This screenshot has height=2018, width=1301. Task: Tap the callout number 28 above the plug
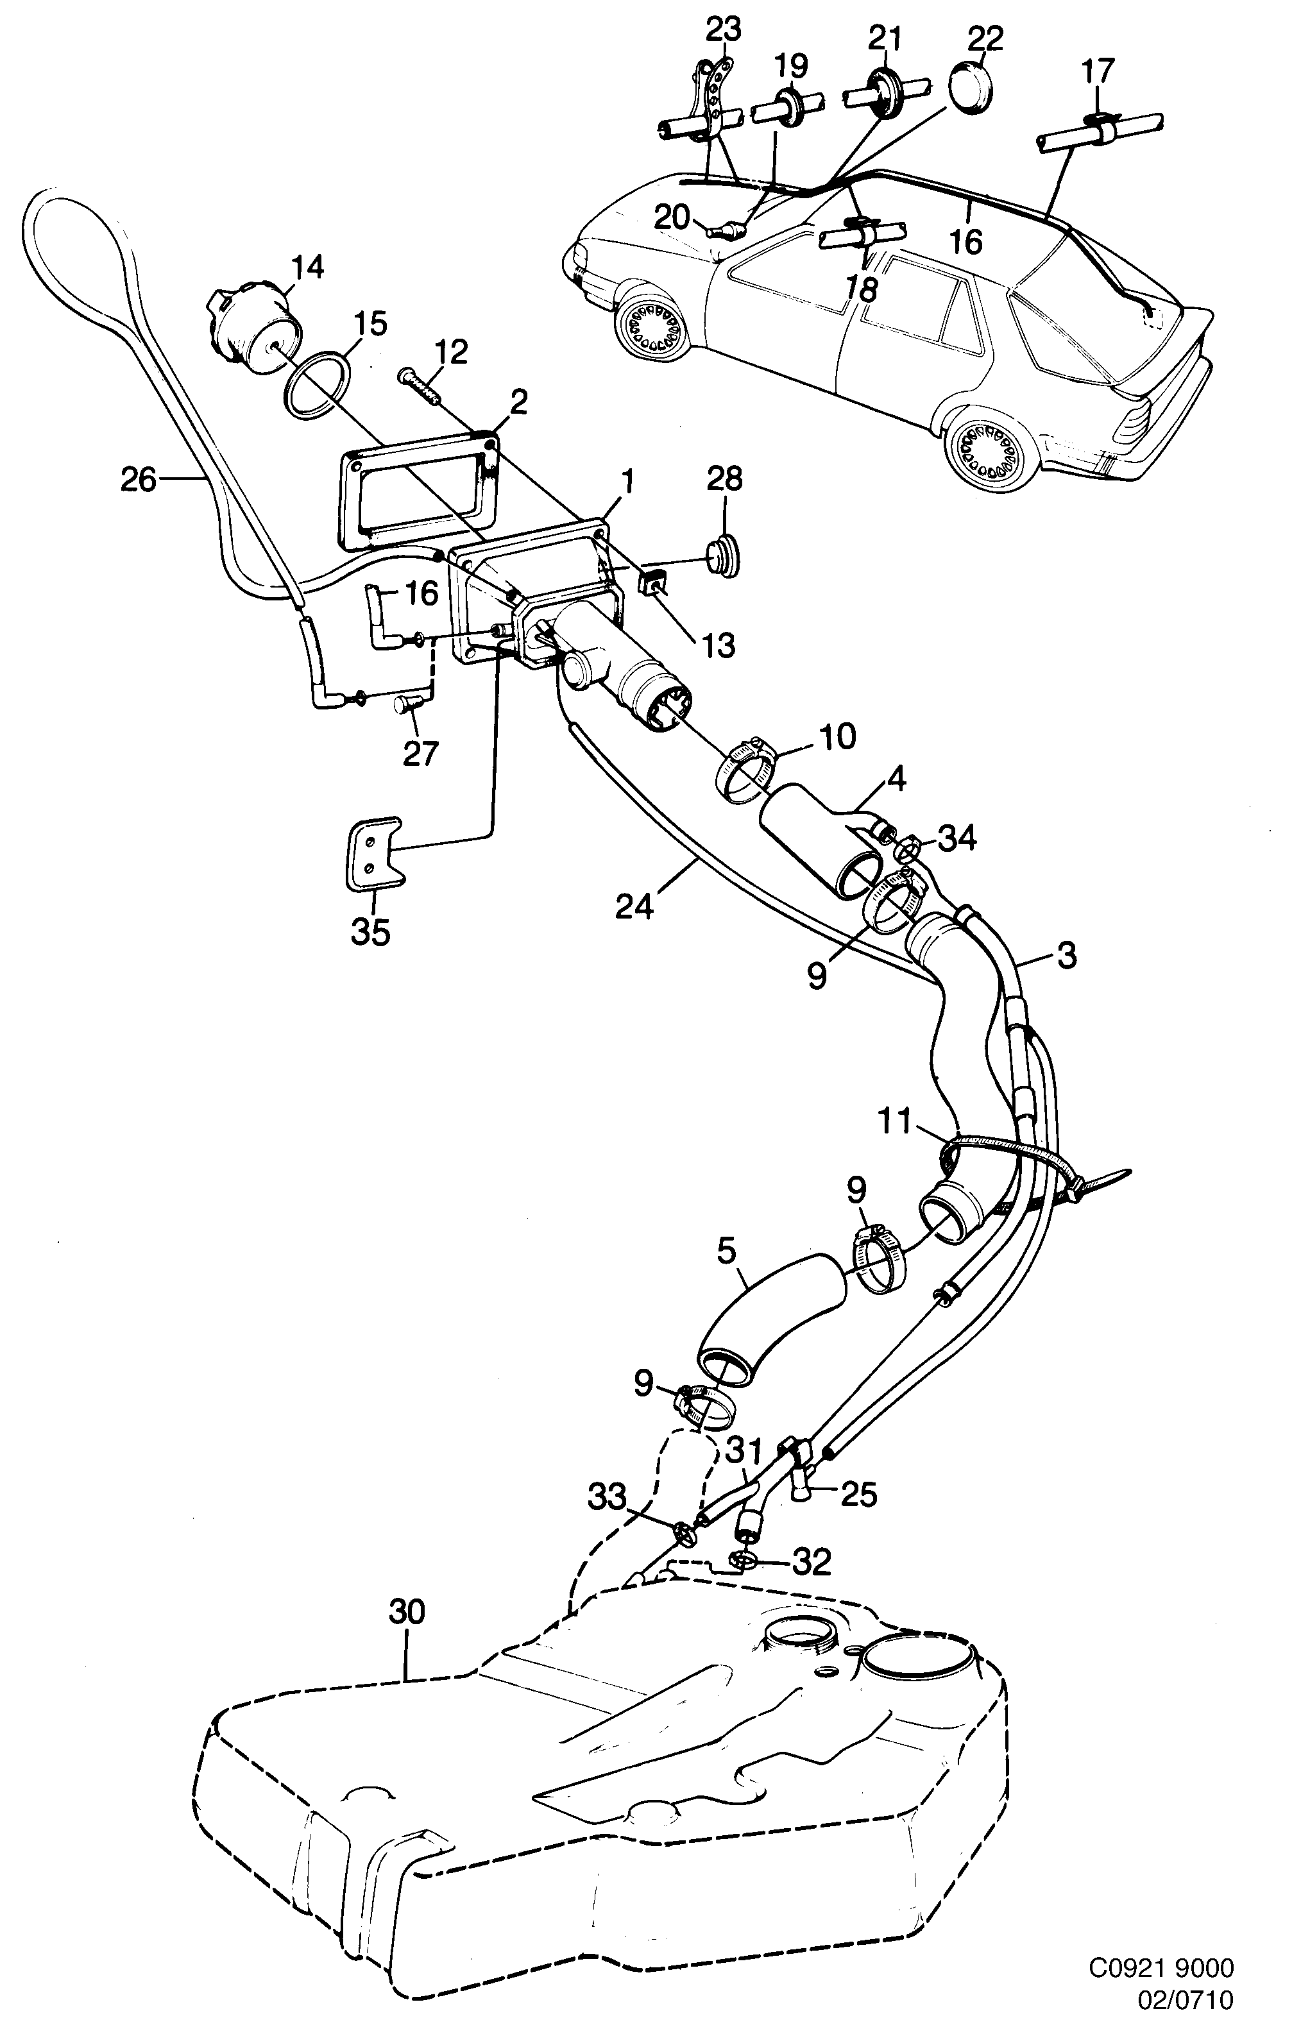pyautogui.click(x=725, y=480)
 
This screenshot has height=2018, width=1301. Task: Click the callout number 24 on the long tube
pyautogui.click(x=634, y=906)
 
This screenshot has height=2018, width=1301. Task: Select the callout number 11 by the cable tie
pyautogui.click(x=896, y=1122)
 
